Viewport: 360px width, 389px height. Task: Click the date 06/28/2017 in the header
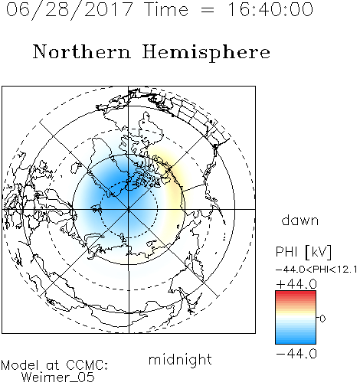69,10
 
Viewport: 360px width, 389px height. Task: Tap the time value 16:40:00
270,9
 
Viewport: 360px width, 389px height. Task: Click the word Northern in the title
82,52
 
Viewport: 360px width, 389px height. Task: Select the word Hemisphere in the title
206,53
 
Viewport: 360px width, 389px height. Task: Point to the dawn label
300,220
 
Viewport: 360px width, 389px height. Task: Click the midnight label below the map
180,359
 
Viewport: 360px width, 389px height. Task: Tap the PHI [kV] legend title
303,252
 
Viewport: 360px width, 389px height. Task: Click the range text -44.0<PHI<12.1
316,270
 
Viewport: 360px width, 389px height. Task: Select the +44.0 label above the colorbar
296,284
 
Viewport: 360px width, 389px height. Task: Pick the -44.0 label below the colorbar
296,354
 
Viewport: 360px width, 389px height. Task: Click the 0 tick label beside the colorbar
322,319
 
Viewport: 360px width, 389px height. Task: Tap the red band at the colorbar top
296,294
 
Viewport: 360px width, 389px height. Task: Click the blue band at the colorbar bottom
296,340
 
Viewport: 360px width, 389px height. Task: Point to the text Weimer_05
57,378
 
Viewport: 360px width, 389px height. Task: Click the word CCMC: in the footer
87,365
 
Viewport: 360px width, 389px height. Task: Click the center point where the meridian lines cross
129,209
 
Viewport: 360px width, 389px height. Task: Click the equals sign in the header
208,11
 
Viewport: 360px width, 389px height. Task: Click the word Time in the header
166,9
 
